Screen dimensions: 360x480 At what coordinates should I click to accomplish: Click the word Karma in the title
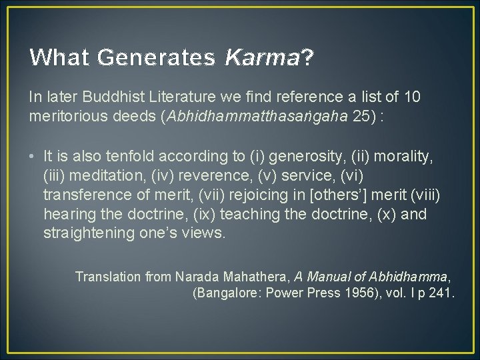coord(262,58)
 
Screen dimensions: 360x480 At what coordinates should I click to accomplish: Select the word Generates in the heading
coord(156,58)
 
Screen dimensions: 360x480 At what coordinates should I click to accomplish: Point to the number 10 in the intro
coord(413,97)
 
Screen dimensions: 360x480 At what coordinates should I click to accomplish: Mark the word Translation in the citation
coord(107,276)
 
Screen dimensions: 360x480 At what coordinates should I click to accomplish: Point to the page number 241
coord(441,293)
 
